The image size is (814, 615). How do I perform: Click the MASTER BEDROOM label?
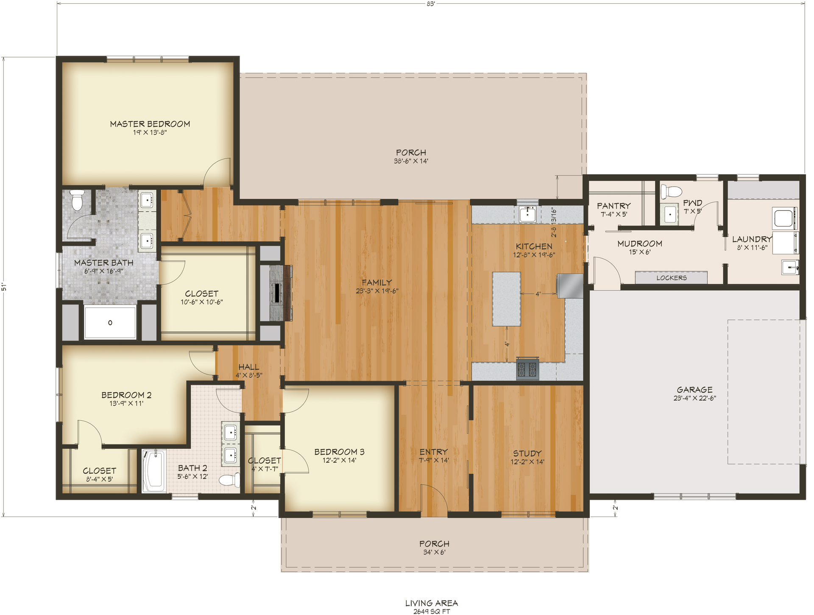click(150, 124)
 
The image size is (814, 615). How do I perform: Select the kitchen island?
click(506, 299)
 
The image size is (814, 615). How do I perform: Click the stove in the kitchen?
click(527, 369)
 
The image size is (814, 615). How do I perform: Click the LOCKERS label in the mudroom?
click(672, 278)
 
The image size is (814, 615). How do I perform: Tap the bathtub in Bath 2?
click(153, 471)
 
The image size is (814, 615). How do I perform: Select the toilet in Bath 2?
click(229, 480)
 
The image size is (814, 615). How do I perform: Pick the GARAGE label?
click(694, 389)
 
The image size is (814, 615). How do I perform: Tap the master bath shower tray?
click(110, 322)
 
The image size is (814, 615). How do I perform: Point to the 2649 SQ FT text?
click(432, 611)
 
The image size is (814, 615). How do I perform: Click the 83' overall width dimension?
click(431, 4)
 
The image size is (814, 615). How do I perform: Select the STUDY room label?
click(527, 453)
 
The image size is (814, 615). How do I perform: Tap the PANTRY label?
click(613, 206)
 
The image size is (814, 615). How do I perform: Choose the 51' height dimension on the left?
click(4, 287)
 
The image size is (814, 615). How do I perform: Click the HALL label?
click(248, 367)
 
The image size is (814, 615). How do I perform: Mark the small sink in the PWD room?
click(670, 215)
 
